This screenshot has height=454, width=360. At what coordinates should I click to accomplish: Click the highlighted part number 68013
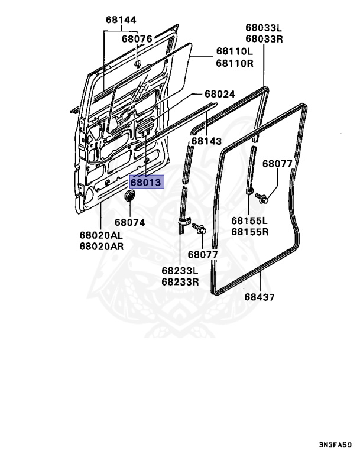click(x=145, y=183)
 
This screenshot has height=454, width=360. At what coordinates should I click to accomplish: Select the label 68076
click(x=137, y=39)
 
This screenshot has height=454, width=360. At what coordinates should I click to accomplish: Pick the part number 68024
click(x=220, y=94)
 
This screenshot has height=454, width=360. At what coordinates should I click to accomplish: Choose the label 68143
click(x=206, y=141)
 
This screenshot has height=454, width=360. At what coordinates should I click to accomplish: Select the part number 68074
click(x=129, y=222)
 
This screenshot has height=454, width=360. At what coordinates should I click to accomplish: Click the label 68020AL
click(x=101, y=235)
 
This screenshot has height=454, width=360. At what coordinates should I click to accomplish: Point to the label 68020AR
click(x=101, y=247)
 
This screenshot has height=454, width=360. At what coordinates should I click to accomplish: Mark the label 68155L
click(x=250, y=220)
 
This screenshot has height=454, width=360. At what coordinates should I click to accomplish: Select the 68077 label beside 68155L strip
click(x=277, y=164)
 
